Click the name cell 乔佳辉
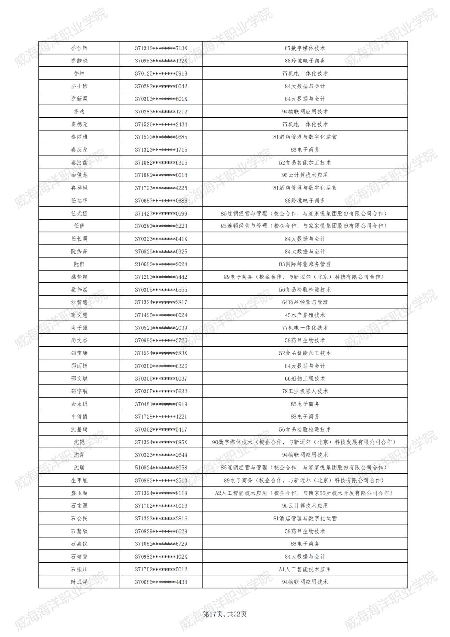coord(79,48)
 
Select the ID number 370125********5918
coord(161,73)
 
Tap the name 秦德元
coord(79,124)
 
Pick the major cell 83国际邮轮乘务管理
coord(305,264)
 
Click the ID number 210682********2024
coord(161,264)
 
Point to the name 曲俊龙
coord(79,175)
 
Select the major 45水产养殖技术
coord(305,315)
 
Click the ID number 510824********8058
coord(161,468)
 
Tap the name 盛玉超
coord(79,493)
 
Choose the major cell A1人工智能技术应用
coord(305,569)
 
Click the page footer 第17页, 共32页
coord(225,614)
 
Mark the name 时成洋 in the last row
coord(79,582)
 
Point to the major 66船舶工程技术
coord(305,379)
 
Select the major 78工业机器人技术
coord(305,392)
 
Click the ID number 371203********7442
coord(161,277)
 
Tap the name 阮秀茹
coord(79,252)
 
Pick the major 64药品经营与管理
coord(305,302)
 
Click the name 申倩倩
coord(79,417)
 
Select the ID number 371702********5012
coord(161,569)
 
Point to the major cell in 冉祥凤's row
coord(305,188)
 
